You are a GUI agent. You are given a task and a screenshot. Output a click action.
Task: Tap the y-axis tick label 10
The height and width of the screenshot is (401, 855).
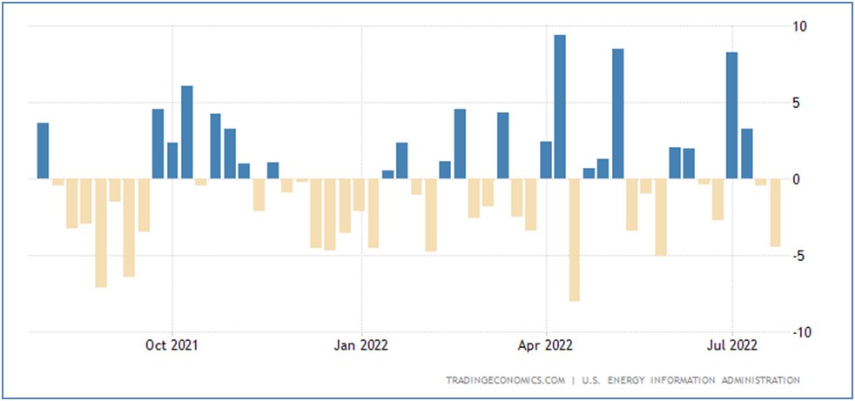(x=798, y=26)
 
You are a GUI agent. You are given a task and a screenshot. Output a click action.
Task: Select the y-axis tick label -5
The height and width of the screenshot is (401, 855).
(x=799, y=256)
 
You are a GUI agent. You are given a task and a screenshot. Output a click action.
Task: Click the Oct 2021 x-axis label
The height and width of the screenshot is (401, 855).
(x=172, y=345)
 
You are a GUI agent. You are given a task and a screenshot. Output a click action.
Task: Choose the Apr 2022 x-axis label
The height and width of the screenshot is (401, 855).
(x=546, y=345)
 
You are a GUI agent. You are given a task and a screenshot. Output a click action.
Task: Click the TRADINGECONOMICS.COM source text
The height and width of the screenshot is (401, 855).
(x=504, y=380)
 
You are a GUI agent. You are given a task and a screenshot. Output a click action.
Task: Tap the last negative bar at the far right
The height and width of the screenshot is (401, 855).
(x=775, y=212)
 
